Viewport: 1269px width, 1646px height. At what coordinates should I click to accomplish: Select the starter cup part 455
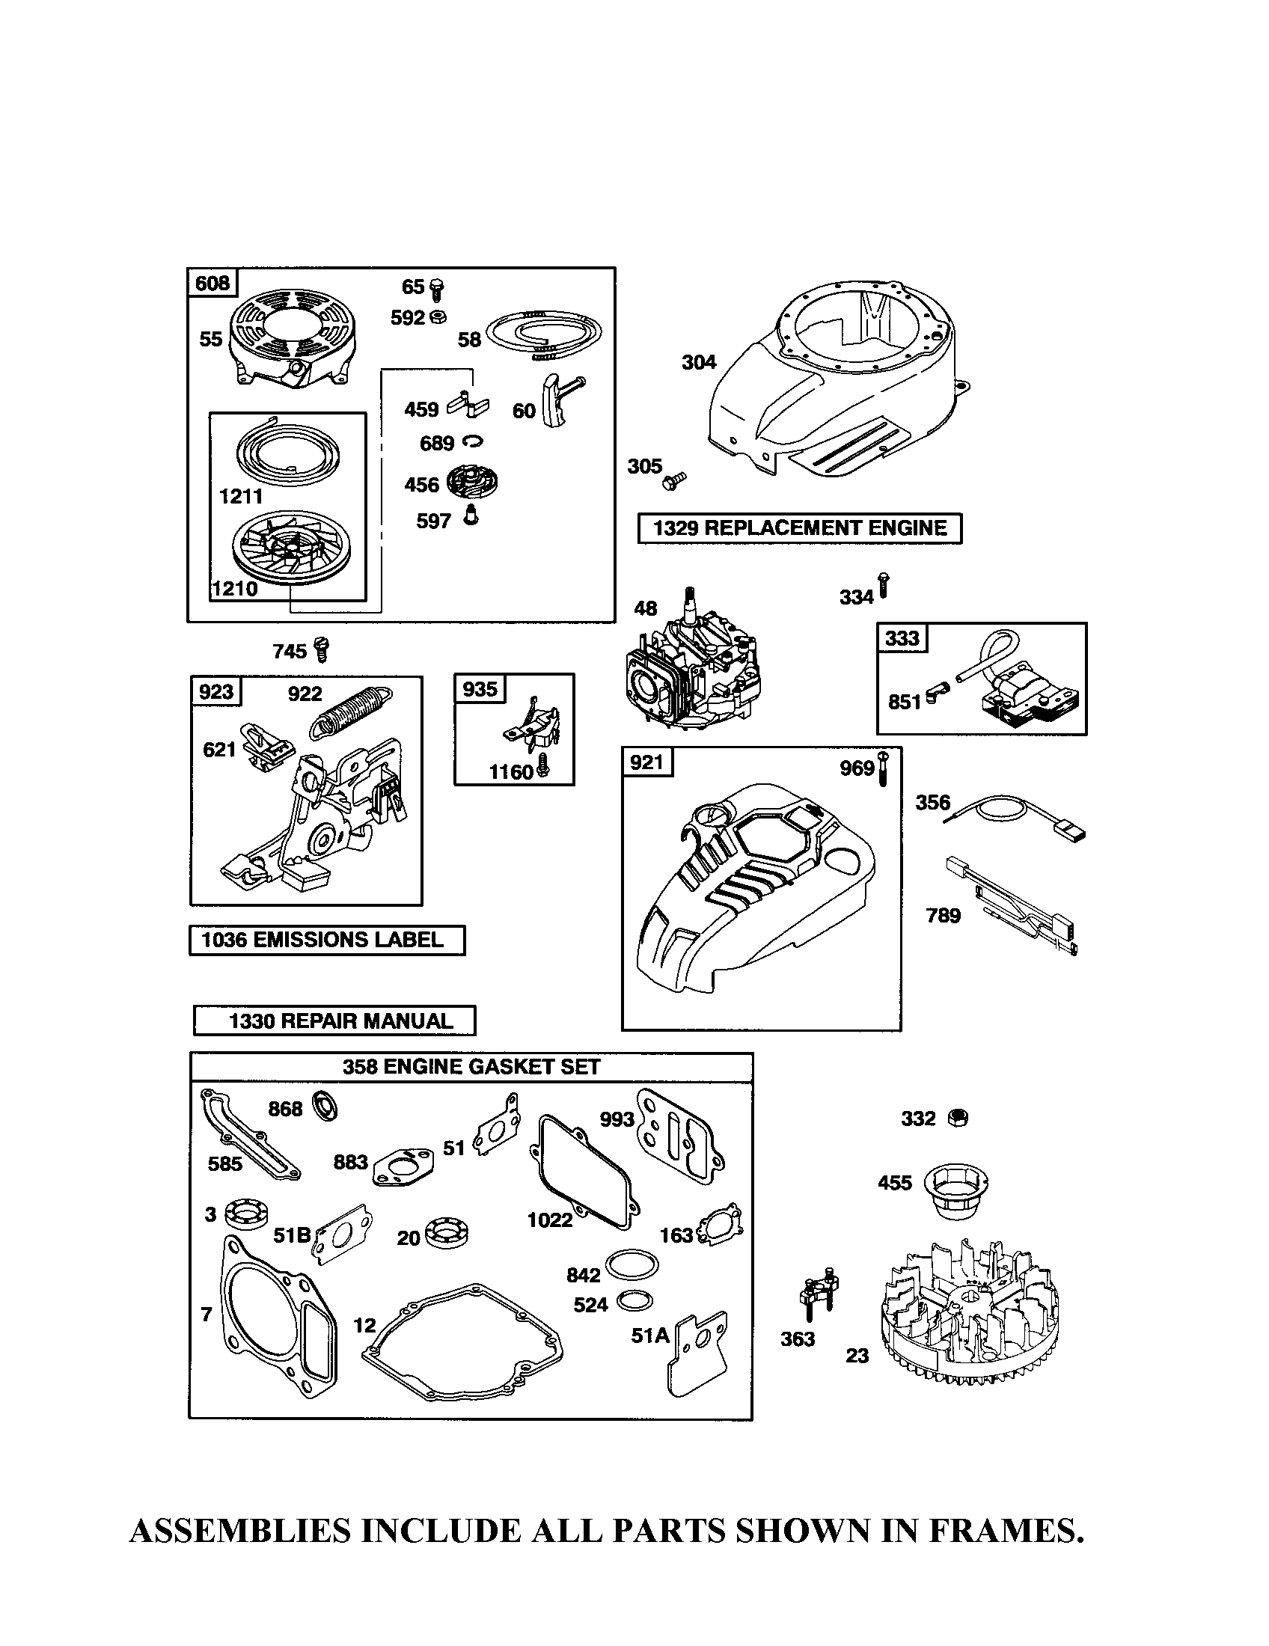[955, 1190]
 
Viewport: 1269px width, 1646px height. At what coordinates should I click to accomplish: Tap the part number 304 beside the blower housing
[698, 363]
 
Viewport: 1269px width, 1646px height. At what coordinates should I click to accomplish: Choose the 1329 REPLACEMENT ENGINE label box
[800, 528]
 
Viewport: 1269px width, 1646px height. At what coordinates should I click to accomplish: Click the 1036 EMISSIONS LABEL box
[326, 940]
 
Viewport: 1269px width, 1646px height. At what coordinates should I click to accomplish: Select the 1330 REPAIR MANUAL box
[334, 1021]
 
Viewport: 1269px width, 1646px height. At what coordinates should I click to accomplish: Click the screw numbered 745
[323, 649]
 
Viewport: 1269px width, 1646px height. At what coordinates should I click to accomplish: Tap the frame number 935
[480, 689]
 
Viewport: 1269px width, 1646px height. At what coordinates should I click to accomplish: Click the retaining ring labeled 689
[473, 441]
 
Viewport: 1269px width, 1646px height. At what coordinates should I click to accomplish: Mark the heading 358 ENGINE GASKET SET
[471, 1067]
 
